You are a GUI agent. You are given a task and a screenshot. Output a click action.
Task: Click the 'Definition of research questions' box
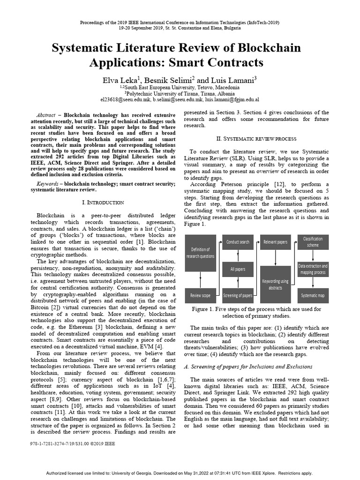point(201,253)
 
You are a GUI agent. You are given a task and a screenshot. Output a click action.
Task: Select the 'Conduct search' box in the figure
point(238,242)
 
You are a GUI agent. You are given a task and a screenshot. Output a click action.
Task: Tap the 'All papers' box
point(238,269)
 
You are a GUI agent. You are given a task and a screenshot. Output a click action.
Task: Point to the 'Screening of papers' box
point(238,295)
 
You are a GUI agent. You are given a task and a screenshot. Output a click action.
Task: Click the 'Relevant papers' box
point(275,242)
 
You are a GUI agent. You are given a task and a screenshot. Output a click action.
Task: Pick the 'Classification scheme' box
point(313,242)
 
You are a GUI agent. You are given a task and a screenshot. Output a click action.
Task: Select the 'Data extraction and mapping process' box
point(313,269)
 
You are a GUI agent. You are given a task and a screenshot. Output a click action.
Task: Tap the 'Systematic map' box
point(313,295)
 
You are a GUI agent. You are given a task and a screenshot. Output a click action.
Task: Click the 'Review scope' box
point(201,295)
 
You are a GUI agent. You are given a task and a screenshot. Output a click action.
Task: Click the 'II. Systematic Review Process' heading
point(256,139)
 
